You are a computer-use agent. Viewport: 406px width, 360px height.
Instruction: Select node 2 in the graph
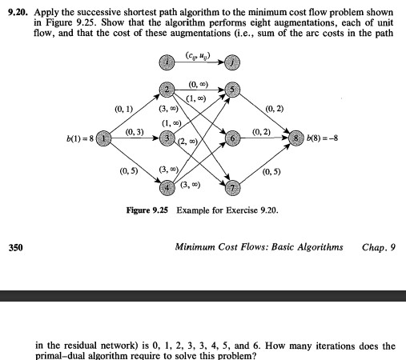pyautogui.click(x=167, y=89)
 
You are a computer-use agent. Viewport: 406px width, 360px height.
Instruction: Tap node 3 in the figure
pyautogui.click(x=167, y=138)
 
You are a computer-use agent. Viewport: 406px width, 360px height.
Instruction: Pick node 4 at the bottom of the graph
pyautogui.click(x=167, y=188)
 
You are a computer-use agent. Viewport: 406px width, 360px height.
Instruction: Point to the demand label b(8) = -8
pyautogui.click(x=324, y=138)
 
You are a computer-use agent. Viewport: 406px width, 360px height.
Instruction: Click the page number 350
pyautogui.click(x=16, y=247)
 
